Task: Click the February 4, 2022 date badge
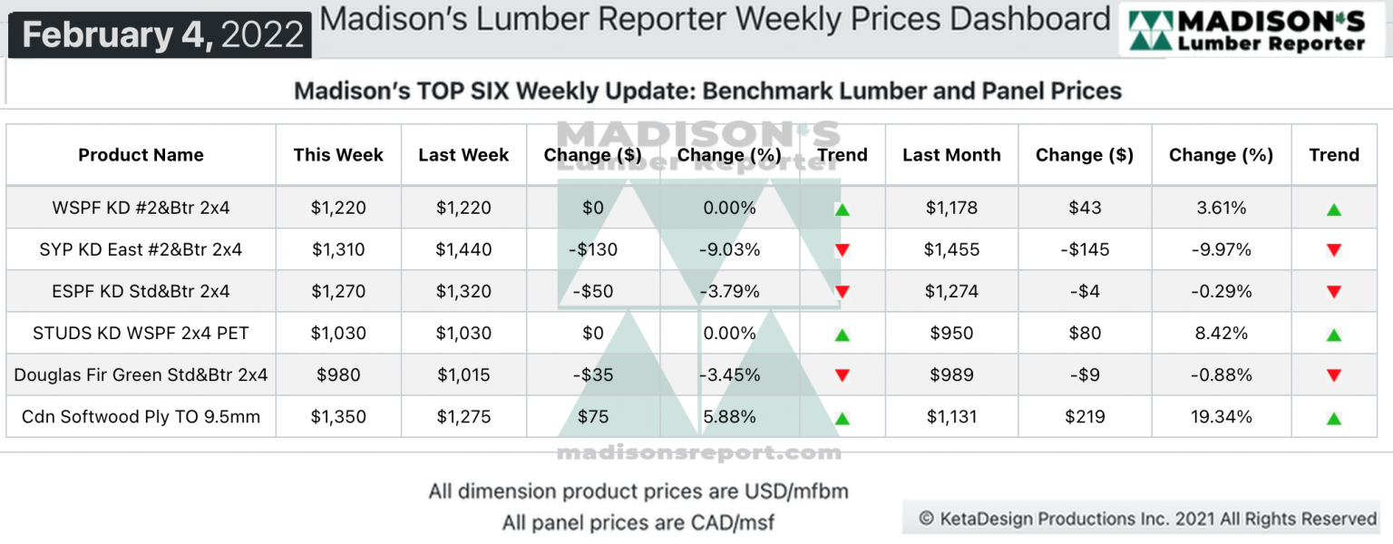(162, 35)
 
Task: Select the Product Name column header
(141, 155)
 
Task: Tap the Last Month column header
(951, 155)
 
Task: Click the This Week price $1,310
(338, 249)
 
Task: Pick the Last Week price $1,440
(463, 249)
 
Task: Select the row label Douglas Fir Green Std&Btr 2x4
(141, 374)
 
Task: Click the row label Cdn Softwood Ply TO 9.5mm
(141, 417)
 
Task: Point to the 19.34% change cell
(1220, 417)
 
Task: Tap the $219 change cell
(1085, 417)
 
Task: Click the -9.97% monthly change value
(1220, 249)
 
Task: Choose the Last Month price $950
(951, 333)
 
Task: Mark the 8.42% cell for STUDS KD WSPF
(1220, 333)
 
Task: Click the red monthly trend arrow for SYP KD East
(1333, 250)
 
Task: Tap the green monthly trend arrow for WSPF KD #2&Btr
(1333, 209)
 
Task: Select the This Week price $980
(338, 374)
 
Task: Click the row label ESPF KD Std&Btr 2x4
(141, 291)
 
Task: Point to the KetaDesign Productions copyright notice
(1147, 519)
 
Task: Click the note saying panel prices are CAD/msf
(638, 523)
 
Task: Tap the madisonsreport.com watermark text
(698, 452)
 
